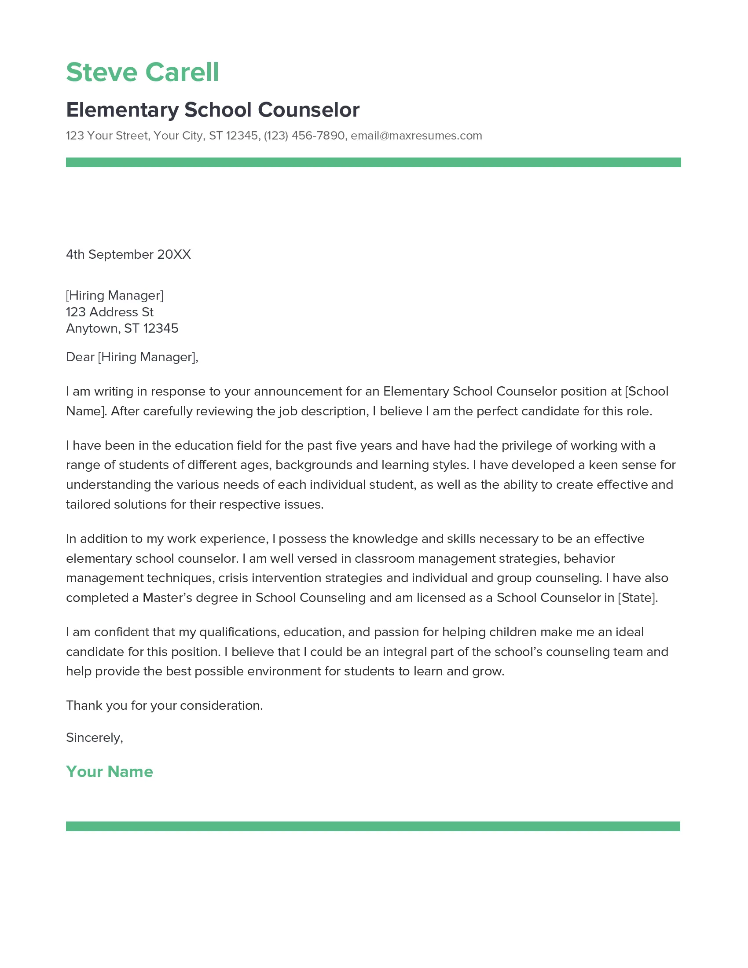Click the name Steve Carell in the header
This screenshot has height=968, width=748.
pos(142,72)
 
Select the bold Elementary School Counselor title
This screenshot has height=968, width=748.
pos(213,110)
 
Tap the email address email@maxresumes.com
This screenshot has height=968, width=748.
pos(416,136)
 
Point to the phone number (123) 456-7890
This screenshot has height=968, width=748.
pos(304,136)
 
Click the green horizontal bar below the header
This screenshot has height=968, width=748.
pos(373,162)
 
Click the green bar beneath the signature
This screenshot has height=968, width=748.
pos(373,826)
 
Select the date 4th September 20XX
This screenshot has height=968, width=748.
pos(128,254)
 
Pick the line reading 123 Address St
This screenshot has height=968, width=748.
pos(110,312)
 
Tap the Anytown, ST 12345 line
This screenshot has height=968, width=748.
pos(122,328)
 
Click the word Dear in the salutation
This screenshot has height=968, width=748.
pos(80,357)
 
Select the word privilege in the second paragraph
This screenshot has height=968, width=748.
pos(527,445)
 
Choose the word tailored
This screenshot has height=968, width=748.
pos(88,504)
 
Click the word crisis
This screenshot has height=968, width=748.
pos(234,578)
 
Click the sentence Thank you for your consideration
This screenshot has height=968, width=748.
pos(165,706)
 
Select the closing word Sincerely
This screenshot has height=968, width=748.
pos(93,737)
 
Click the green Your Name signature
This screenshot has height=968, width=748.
pos(110,772)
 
